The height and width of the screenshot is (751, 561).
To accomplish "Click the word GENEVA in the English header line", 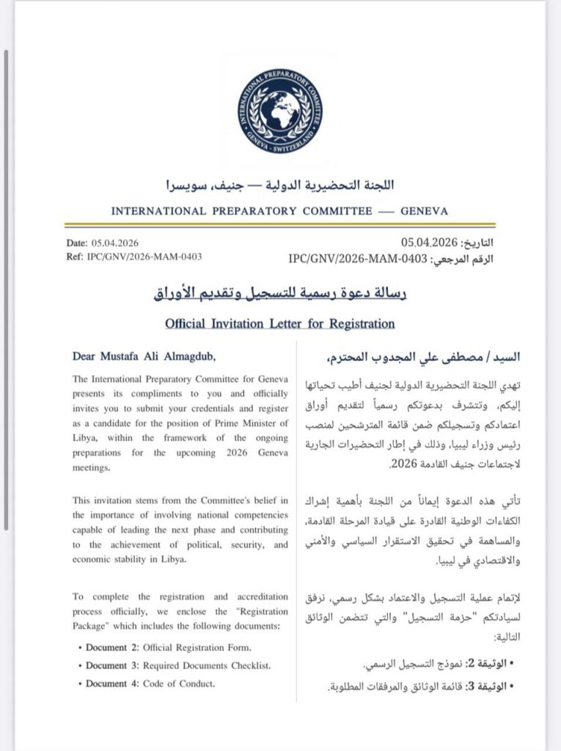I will click(x=424, y=211).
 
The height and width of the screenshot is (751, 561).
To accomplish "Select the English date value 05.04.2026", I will click(x=116, y=243).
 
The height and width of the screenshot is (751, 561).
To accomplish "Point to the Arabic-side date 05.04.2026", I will click(x=429, y=243).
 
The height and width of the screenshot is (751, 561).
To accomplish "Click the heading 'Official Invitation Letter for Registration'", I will click(x=280, y=323).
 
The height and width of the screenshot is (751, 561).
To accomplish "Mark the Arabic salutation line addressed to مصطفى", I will click(x=408, y=358).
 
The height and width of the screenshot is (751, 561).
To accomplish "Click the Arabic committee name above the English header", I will click(x=280, y=186).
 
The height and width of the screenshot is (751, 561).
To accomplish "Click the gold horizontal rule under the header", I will click(x=280, y=225).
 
